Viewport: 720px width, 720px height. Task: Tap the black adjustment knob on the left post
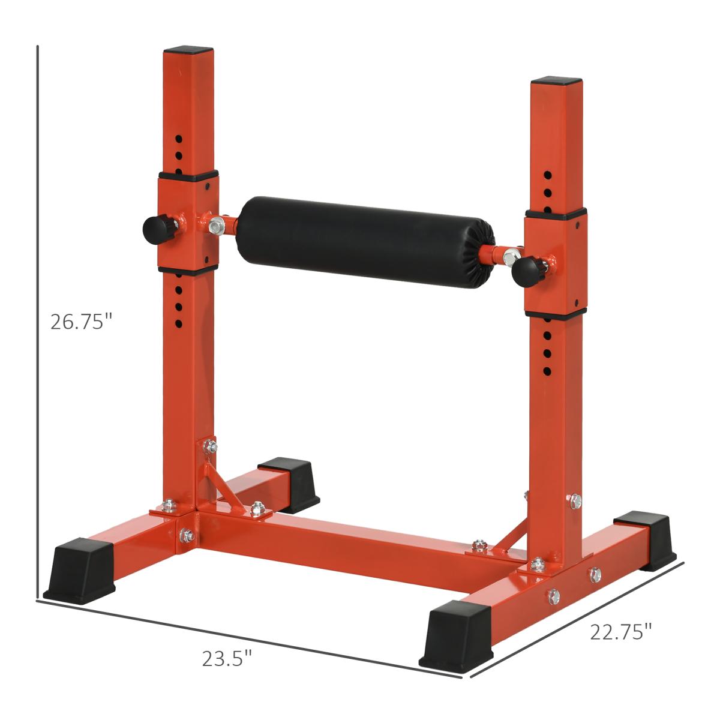pos(155,228)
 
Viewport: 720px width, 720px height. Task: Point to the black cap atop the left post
pos(188,51)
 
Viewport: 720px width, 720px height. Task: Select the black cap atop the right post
pos(556,80)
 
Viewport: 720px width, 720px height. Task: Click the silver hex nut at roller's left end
pos(217,226)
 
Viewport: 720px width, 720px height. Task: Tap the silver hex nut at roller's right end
pos(509,259)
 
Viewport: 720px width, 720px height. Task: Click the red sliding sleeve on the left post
pos(188,222)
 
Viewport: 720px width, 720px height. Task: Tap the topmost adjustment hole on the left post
pos(179,139)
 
